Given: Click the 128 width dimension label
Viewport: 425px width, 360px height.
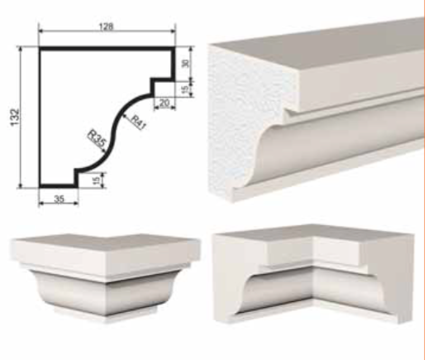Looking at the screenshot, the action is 106,26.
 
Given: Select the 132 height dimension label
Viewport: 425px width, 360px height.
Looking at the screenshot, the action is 15,118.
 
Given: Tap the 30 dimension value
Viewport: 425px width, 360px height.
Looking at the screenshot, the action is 186,63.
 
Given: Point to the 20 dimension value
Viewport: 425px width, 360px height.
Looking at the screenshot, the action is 165,103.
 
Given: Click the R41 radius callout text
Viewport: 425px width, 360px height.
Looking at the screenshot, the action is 138,122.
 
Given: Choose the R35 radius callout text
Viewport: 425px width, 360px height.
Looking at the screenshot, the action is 97,138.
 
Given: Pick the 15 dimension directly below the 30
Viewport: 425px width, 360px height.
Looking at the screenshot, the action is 186,89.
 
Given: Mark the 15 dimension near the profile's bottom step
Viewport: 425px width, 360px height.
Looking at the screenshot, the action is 96,180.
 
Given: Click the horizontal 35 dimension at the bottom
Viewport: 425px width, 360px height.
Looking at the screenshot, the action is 59,199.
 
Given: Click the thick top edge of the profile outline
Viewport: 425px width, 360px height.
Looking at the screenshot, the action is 107,49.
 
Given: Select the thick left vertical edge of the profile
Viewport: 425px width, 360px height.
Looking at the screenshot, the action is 41,118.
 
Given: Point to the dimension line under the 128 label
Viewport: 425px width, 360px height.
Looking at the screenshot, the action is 107,31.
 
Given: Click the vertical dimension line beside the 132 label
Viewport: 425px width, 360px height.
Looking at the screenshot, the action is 20,118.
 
